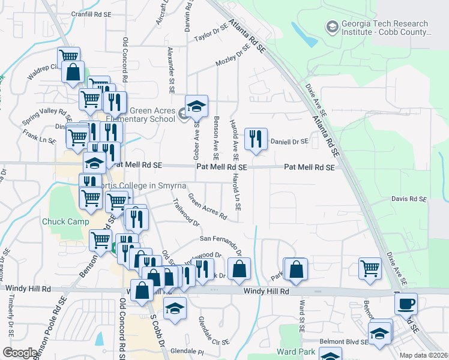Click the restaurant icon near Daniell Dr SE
click(256, 139)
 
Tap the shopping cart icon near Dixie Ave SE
click(370, 269)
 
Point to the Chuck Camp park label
click(61, 221)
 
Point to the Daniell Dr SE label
click(289, 142)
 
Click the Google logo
click(20, 353)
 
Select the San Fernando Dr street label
click(221, 242)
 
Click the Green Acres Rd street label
click(207, 206)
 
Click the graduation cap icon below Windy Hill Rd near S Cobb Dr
click(175, 308)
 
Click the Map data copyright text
click(424, 355)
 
